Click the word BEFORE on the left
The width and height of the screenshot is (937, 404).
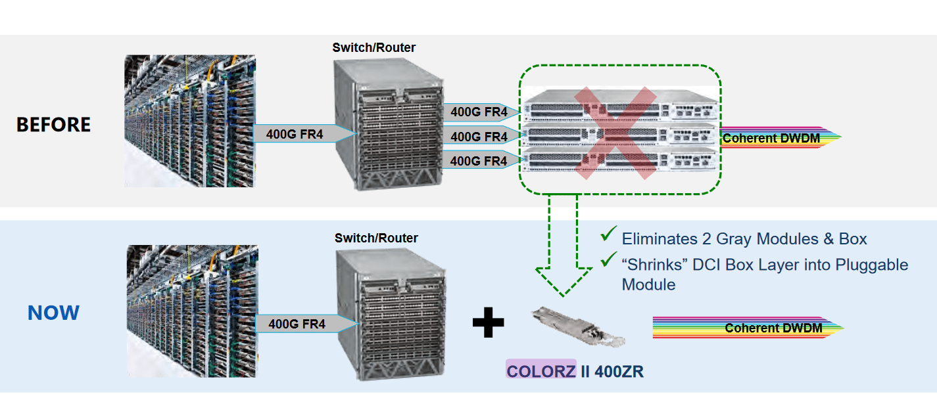pyautogui.click(x=53, y=125)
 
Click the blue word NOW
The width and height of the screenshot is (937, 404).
pyautogui.click(x=53, y=313)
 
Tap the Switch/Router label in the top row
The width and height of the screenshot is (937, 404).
pyautogui.click(x=373, y=47)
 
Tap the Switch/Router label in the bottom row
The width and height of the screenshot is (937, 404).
pyautogui.click(x=376, y=238)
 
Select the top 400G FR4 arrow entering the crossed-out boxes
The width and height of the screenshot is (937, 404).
pyautogui.click(x=479, y=112)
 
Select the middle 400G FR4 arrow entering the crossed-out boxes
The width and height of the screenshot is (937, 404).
pyautogui.click(x=479, y=137)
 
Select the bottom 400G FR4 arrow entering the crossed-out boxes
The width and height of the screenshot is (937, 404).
pyautogui.click(x=479, y=161)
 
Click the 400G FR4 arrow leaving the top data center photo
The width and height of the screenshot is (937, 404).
pyautogui.click(x=295, y=134)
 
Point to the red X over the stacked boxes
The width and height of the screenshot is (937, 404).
pyautogui.click(x=615, y=133)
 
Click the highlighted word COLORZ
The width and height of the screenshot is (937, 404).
pyautogui.click(x=541, y=370)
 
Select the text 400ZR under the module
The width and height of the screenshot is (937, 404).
pyautogui.click(x=619, y=371)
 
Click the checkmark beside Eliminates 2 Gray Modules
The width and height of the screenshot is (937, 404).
pyautogui.click(x=608, y=234)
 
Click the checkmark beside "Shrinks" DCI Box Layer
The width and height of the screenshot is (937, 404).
pyautogui.click(x=608, y=261)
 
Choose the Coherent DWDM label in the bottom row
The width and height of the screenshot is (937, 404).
pyautogui.click(x=773, y=328)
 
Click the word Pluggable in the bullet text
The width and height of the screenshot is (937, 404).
pyautogui.click(x=872, y=265)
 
